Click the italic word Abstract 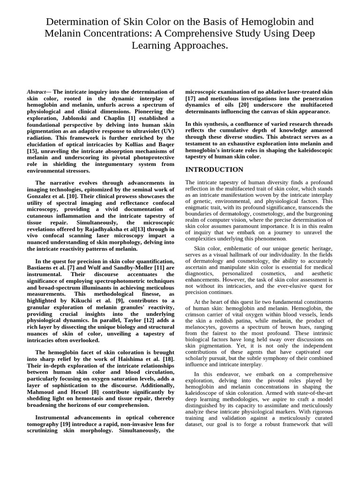(x=36, y=92)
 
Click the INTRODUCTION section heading (x=214, y=170)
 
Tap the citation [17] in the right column (x=191, y=99)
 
